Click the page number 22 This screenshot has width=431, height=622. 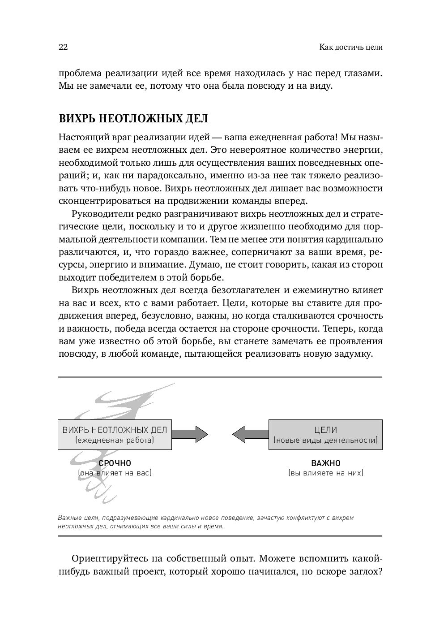pos(63,47)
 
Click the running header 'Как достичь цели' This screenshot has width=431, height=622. pos(351,47)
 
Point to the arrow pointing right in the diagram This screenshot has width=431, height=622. pos(190,434)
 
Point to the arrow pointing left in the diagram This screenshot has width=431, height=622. pos(250,434)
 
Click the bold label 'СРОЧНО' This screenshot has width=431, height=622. pos(115,463)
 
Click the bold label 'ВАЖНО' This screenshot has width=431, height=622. pos(326,463)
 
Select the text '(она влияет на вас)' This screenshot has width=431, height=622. pos(115,473)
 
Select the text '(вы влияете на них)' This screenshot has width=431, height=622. pos(326,473)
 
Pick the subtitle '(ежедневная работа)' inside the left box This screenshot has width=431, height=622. pos(115,440)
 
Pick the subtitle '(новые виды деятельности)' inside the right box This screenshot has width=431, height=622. pos(325,440)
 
